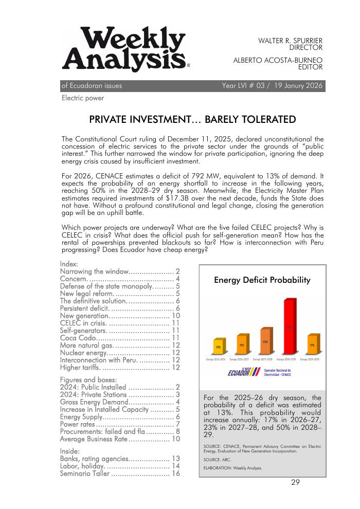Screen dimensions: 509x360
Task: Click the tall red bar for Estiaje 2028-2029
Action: pos(289,325)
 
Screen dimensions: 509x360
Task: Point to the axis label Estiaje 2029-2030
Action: pos(310,359)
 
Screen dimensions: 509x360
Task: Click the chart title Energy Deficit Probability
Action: pos(262,280)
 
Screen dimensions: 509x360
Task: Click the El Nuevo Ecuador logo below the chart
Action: pos(244,372)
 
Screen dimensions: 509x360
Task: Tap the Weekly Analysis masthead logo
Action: pos(125,50)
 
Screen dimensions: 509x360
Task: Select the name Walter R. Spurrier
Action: pos(290,40)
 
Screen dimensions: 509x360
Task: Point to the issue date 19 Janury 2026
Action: pos(293,86)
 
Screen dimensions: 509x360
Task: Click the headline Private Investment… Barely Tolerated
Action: pos(192,120)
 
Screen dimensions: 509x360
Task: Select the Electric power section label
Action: pos(82,98)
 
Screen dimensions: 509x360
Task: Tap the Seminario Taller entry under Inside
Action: pos(85,474)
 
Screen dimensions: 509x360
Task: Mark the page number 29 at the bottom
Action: pos(295,482)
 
